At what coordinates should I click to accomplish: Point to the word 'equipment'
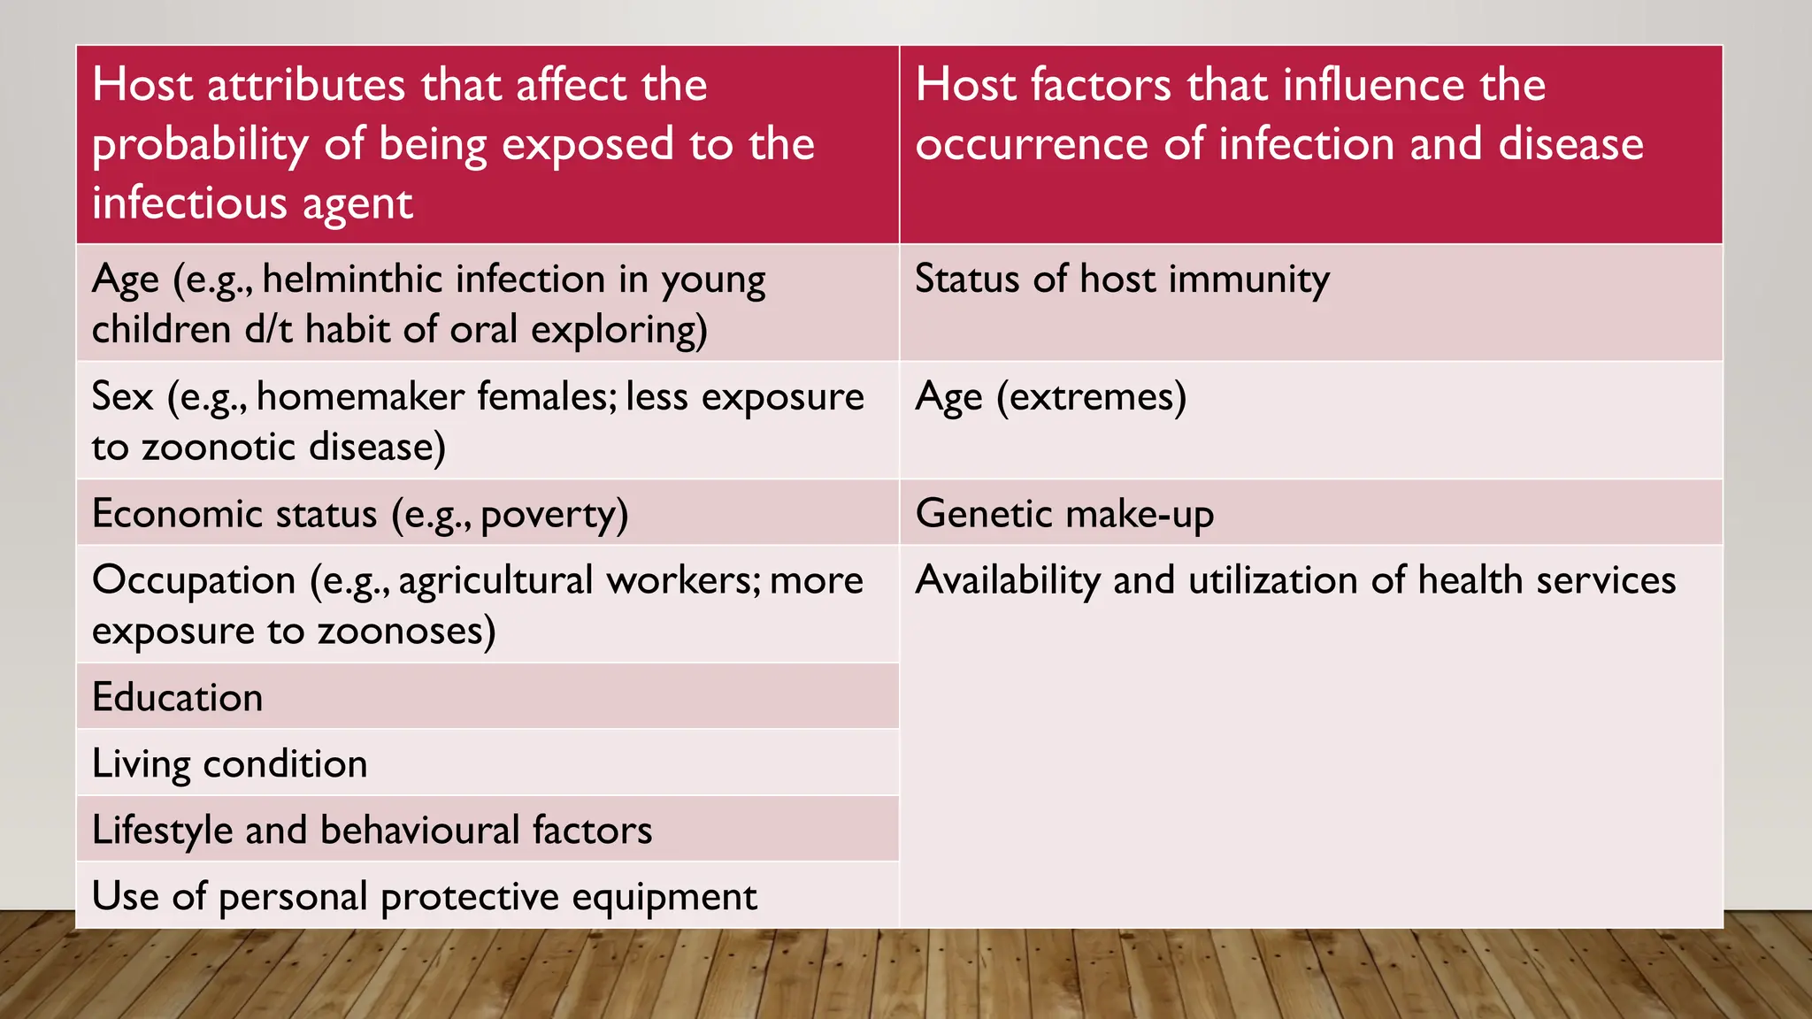point(664,897)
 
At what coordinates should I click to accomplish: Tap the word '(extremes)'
point(1091,397)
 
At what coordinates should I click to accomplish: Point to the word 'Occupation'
point(194,581)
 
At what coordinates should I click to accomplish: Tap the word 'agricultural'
point(495,581)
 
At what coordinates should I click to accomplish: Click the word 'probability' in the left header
point(200,145)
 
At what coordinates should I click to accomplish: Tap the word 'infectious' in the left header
point(188,203)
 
